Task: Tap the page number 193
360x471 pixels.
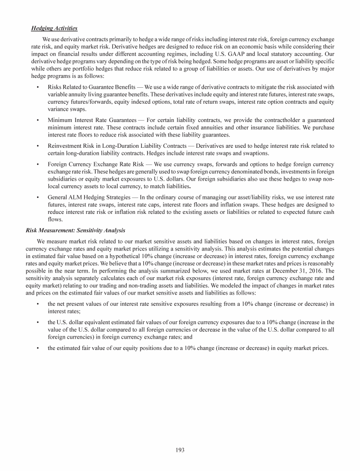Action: tap(180, 450)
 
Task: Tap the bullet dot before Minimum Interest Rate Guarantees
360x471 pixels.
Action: tap(37, 121)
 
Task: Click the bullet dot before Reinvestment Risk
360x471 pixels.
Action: tap(37, 147)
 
